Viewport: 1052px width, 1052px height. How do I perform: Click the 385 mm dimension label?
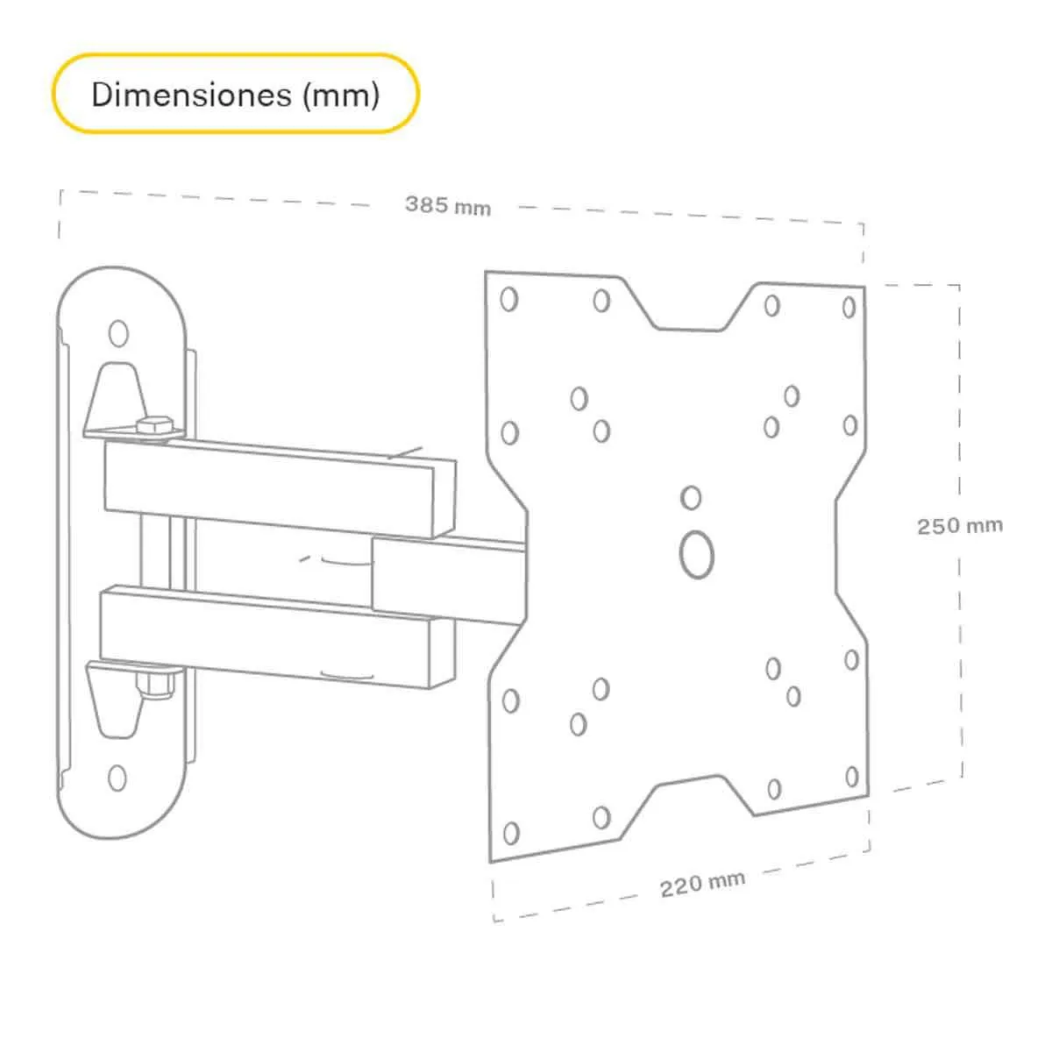click(x=447, y=206)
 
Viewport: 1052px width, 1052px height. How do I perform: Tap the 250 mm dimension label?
click(x=959, y=526)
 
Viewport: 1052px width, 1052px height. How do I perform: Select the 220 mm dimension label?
click(x=702, y=884)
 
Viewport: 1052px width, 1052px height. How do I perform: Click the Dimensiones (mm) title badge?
click(x=235, y=94)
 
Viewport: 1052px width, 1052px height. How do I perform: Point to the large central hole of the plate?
click(x=697, y=554)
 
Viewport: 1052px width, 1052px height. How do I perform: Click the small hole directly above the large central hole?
click(x=691, y=498)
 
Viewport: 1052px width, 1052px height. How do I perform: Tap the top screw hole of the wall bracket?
click(x=117, y=333)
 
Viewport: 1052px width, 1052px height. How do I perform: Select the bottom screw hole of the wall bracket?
click(x=117, y=777)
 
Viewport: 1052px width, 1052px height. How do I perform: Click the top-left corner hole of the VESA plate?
click(x=508, y=300)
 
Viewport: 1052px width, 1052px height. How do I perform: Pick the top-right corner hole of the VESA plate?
click(x=849, y=307)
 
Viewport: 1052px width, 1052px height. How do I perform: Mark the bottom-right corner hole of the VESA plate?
click(x=851, y=777)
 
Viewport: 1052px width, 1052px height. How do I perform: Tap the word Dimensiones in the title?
click(x=192, y=94)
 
